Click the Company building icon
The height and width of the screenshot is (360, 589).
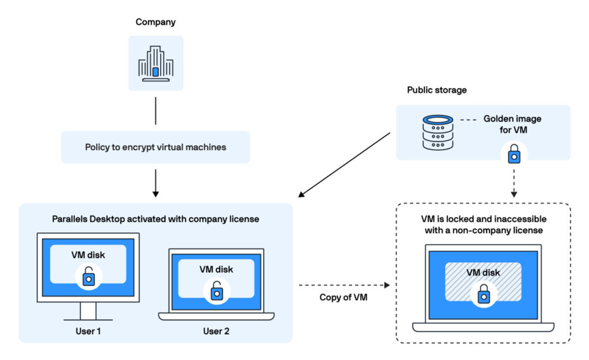point(155,63)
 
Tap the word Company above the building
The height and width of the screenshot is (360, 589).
point(155,22)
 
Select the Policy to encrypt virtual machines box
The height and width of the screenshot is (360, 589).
point(155,147)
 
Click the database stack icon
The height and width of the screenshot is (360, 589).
point(438,132)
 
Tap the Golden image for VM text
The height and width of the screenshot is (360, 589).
point(512,124)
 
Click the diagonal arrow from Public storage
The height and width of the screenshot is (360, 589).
point(345,164)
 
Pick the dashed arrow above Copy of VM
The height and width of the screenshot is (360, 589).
point(344,285)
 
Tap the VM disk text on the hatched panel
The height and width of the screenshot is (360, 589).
point(483,273)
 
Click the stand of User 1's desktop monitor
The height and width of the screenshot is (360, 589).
point(88,311)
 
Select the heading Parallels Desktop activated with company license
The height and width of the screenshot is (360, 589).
point(155,219)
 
